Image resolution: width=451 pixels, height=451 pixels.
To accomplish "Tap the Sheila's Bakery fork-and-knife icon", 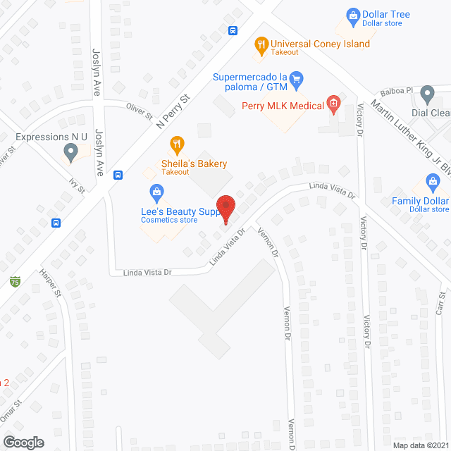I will point(178,146).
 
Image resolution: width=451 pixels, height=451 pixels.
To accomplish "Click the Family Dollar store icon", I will point(433,183).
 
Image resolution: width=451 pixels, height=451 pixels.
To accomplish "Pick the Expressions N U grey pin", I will point(70,151).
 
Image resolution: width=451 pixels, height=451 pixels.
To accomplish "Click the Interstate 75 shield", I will point(15,281).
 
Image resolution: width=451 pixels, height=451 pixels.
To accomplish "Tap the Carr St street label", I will point(440,303).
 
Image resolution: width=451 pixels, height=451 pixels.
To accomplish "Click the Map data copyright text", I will point(419,445).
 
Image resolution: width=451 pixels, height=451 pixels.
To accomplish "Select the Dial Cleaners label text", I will point(431,113).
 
